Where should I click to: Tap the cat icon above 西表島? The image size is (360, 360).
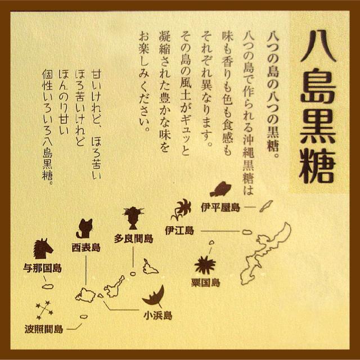tap(85, 228)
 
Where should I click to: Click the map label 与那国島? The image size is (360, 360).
tap(43, 268)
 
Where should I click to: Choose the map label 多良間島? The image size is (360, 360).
tap(134, 237)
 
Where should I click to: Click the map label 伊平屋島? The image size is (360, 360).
tap(220, 207)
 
